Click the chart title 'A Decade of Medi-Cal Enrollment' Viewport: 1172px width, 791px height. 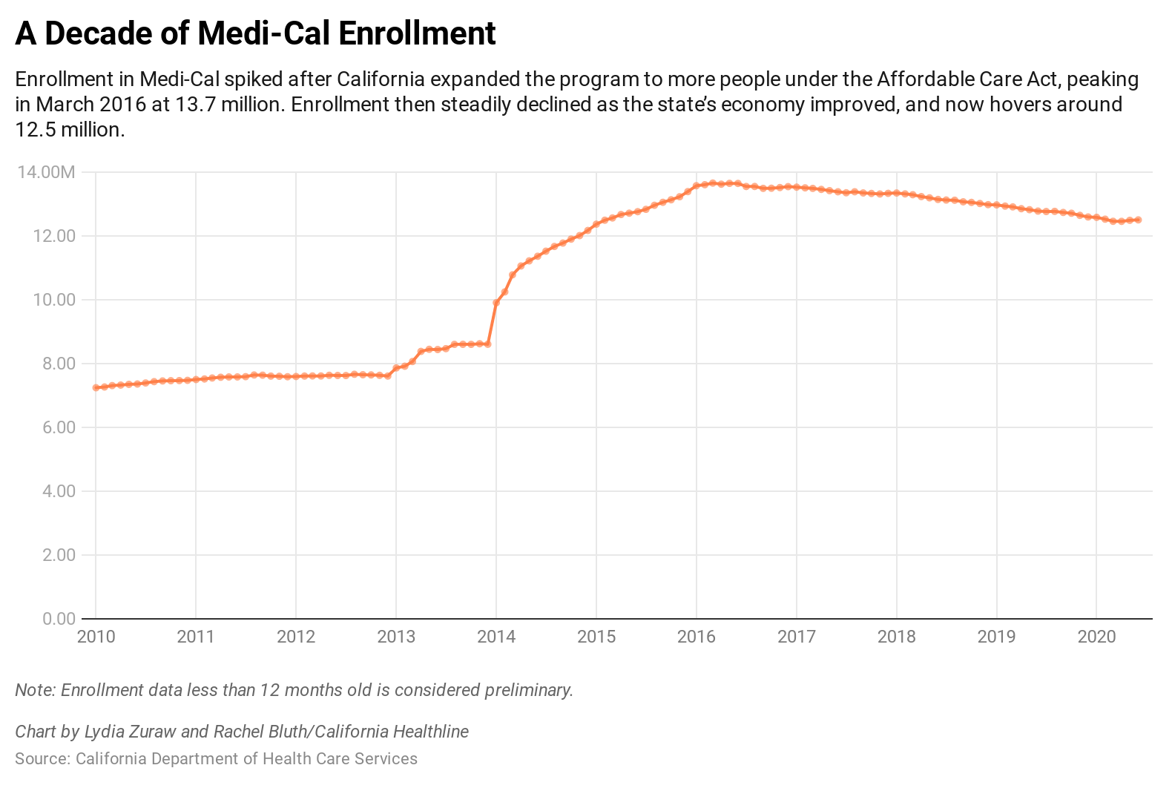(x=255, y=33)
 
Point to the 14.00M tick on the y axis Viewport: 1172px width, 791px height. (x=46, y=173)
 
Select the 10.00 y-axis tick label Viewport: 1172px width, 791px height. (x=56, y=300)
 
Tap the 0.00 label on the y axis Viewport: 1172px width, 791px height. (x=59, y=619)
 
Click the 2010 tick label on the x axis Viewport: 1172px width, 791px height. (x=96, y=637)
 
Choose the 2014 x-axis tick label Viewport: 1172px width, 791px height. (x=496, y=637)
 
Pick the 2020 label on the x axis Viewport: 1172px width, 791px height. (x=1096, y=637)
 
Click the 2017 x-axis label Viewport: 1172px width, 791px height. (x=796, y=637)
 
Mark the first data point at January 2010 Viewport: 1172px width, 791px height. (x=96, y=387)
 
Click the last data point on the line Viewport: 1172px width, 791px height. (x=1138, y=220)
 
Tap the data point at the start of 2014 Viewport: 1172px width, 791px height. (x=496, y=303)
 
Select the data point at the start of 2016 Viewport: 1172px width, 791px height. (x=697, y=186)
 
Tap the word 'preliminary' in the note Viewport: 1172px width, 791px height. (x=528, y=690)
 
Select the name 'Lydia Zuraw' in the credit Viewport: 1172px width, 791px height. (x=131, y=732)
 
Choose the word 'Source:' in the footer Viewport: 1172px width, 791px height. (x=42, y=758)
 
